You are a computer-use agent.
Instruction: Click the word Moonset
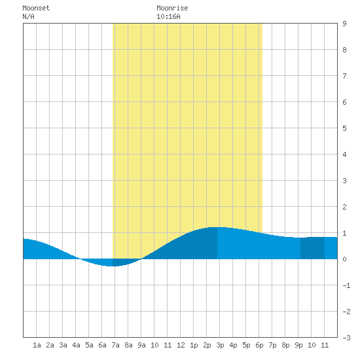[x=36, y=8]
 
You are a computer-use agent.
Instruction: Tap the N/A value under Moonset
[x=28, y=16]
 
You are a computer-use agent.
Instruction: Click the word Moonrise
[x=172, y=8]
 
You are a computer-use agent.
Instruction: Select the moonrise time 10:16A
[x=168, y=16]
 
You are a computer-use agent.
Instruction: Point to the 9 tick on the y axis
[x=344, y=24]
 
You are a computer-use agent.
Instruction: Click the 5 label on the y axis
[x=344, y=128]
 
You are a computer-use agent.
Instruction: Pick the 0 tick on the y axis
[x=344, y=259]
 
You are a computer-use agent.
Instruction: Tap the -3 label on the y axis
[x=346, y=338]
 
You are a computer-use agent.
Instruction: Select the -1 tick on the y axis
[x=346, y=285]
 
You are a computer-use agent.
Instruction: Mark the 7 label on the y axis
[x=344, y=76]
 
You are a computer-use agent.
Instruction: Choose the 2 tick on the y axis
[x=344, y=207]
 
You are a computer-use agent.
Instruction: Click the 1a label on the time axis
[x=37, y=345]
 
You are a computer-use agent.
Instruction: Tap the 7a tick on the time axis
[x=115, y=345]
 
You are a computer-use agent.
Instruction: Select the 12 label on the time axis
[x=181, y=345]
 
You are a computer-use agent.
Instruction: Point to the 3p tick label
[x=220, y=345]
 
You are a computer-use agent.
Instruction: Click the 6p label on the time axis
[x=259, y=345]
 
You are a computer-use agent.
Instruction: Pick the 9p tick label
[x=298, y=345]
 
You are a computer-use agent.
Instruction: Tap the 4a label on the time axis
[x=76, y=345]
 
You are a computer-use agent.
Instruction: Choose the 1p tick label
[x=194, y=345]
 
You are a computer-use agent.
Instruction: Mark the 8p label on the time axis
[x=285, y=345]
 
